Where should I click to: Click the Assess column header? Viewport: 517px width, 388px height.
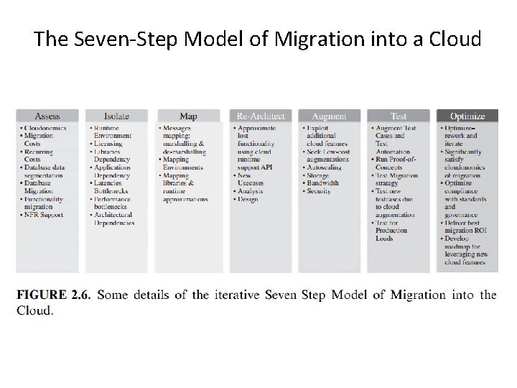click(47, 116)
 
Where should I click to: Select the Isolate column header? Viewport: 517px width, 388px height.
click(116, 116)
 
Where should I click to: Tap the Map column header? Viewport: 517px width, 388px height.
click(188, 116)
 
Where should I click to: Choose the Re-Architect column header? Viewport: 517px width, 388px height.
click(261, 116)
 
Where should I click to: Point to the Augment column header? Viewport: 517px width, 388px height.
click(329, 116)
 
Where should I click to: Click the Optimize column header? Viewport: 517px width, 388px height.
click(467, 116)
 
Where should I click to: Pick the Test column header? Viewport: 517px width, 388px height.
click(399, 116)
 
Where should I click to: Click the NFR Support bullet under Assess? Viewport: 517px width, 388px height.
click(45, 215)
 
